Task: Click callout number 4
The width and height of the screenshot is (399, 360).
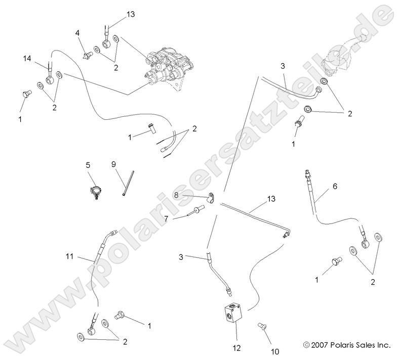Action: (77, 33)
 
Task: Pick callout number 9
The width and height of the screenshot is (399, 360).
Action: (113, 164)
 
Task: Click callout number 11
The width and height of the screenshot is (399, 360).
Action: (70, 257)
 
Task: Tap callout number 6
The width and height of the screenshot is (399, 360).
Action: (334, 186)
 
